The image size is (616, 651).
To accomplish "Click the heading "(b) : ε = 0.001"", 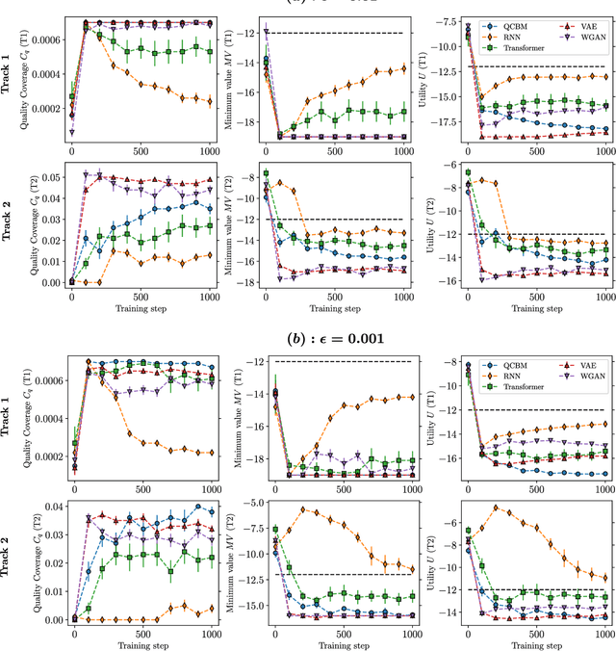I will tap(308, 338).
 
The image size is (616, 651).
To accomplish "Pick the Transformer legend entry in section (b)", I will tap(525, 386).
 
